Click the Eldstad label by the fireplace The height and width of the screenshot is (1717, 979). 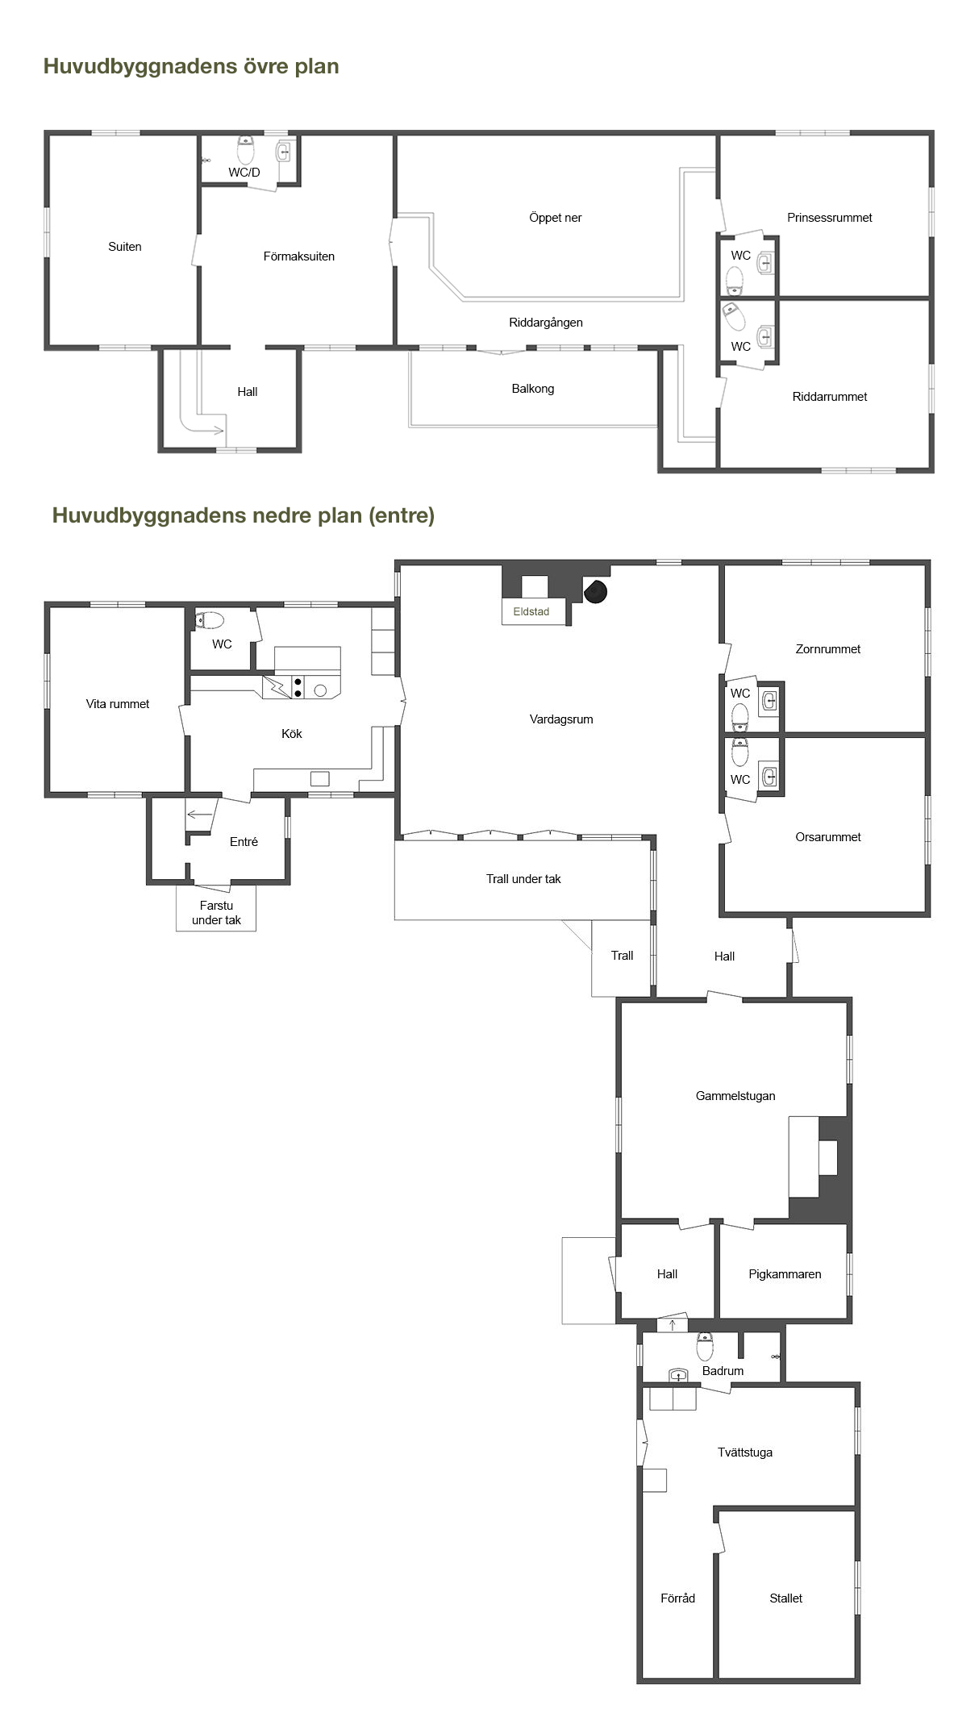[x=531, y=611]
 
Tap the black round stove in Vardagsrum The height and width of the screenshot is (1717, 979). [x=595, y=592]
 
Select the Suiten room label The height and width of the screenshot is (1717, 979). [x=125, y=247]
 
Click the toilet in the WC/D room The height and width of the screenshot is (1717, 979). [x=246, y=150]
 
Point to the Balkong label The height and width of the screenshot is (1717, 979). [x=533, y=389]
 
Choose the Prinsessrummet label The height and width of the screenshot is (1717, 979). [x=830, y=218]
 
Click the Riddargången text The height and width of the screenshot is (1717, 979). [x=546, y=323]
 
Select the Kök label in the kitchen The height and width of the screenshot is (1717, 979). [x=292, y=734]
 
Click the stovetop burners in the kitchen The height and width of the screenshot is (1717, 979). [x=298, y=688]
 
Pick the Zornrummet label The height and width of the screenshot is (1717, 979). [x=828, y=649]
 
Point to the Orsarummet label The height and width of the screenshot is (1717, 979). [x=828, y=837]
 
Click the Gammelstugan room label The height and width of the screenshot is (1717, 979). [x=735, y=1096]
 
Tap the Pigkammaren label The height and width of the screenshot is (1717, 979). [x=785, y=1274]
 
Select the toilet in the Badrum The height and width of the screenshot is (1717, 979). [x=705, y=1346]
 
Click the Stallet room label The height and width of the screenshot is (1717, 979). [x=786, y=1598]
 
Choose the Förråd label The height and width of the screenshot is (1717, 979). [x=677, y=1598]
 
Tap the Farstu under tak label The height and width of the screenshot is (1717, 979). [x=216, y=913]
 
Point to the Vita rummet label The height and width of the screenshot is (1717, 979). [x=118, y=704]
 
